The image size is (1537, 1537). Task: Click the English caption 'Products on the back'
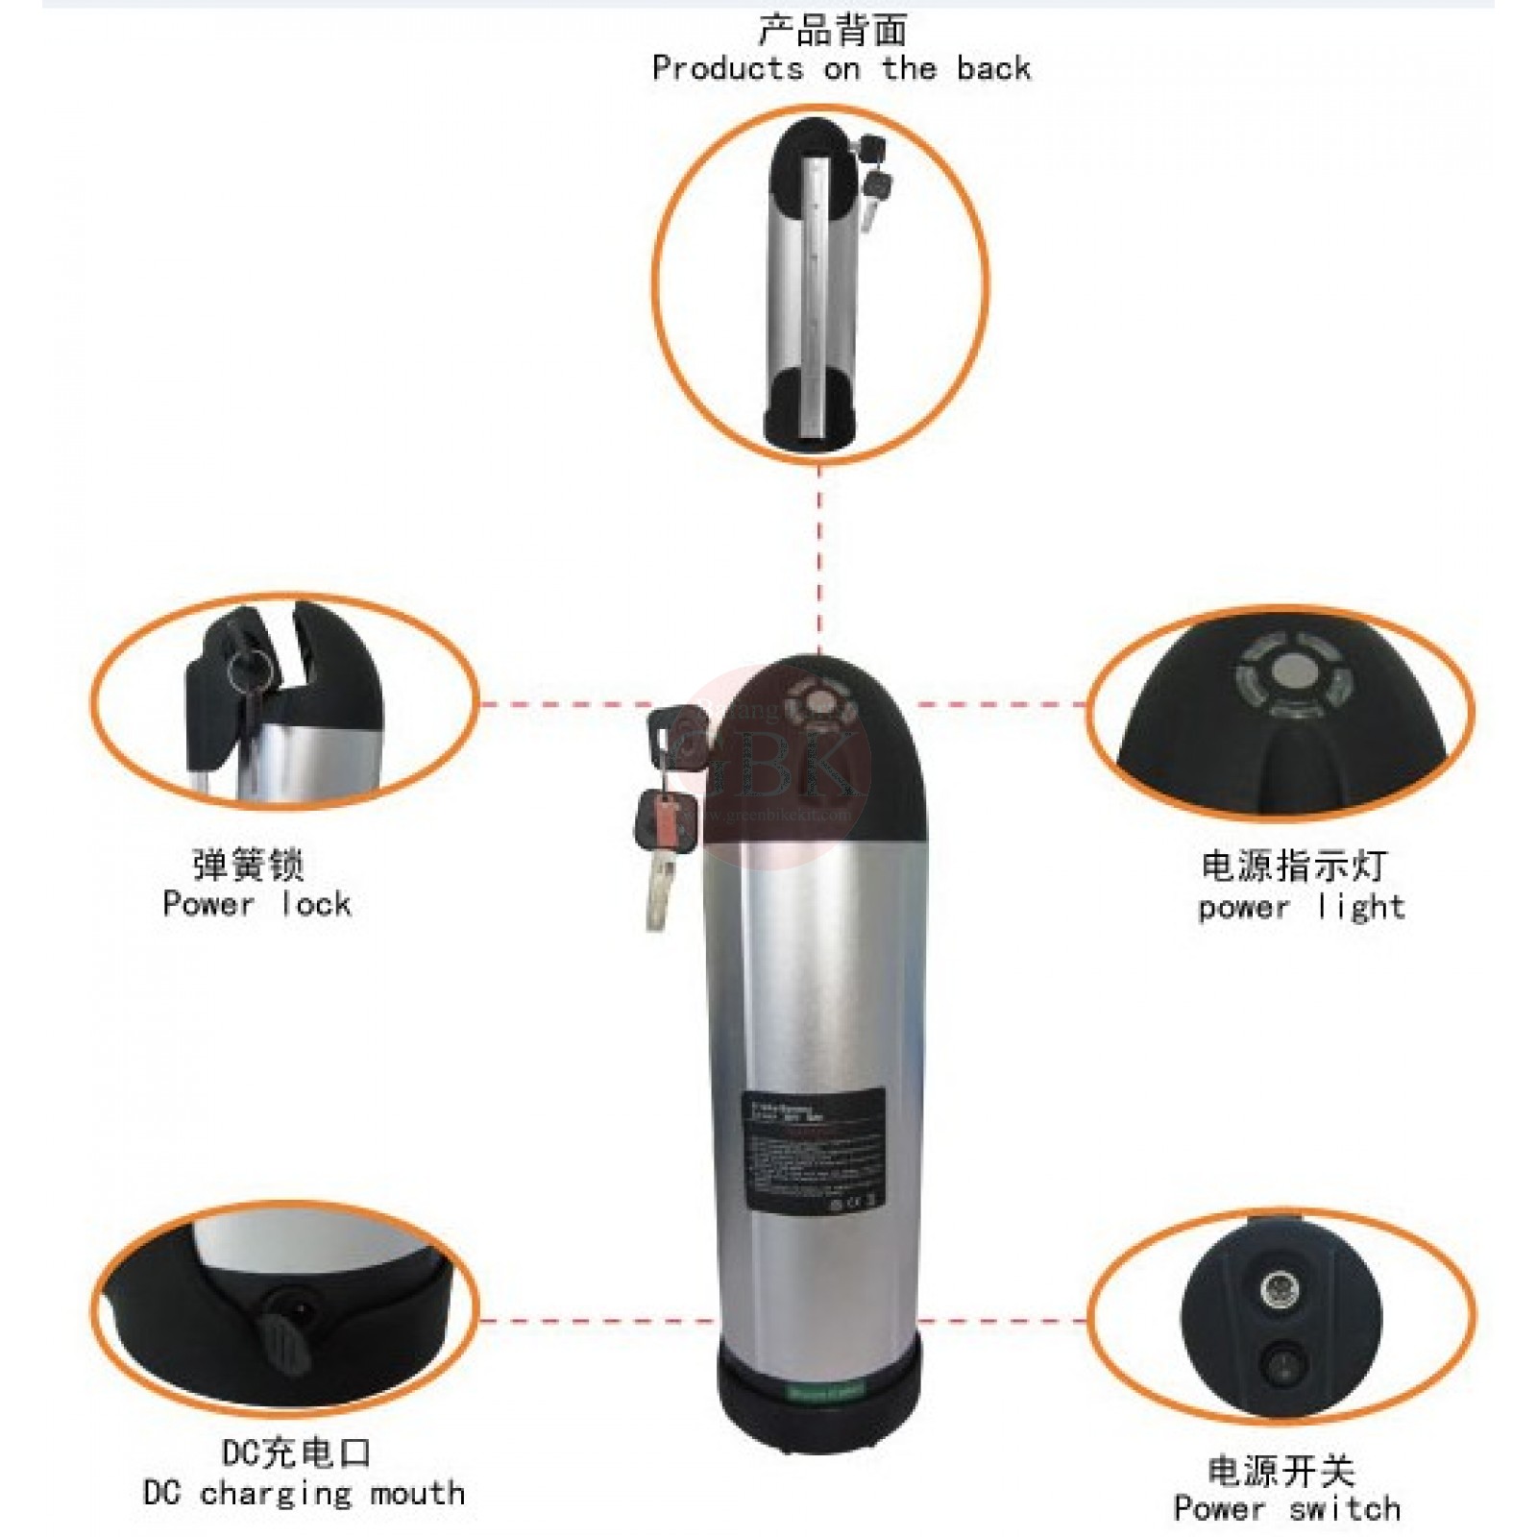(841, 69)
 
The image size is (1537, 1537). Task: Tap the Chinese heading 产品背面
(832, 30)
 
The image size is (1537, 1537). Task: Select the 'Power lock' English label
(256, 904)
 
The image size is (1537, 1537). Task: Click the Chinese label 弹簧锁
(249, 865)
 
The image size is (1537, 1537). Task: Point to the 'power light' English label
(1301, 907)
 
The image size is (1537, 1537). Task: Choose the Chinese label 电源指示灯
(1294, 866)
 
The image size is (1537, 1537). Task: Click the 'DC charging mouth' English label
(304, 1493)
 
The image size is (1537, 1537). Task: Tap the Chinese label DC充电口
(296, 1452)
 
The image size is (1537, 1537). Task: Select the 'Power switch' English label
(1286, 1508)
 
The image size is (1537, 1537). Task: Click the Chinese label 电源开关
(1281, 1471)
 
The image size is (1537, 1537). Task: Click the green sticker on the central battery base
(826, 1390)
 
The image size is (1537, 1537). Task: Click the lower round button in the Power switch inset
(1282, 1363)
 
